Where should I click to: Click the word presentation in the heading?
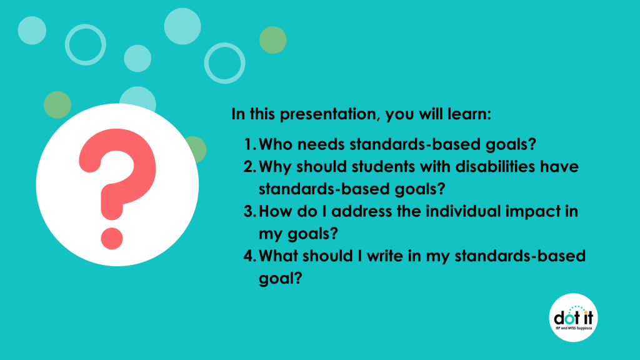[x=326, y=114]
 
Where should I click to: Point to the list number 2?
[x=249, y=167]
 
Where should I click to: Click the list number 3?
[x=249, y=211]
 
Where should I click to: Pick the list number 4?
[x=249, y=256]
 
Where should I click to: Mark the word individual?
[x=463, y=211]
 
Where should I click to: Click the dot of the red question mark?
[x=112, y=238]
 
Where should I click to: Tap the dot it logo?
[x=574, y=317]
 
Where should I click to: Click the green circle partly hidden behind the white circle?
[x=198, y=149]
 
